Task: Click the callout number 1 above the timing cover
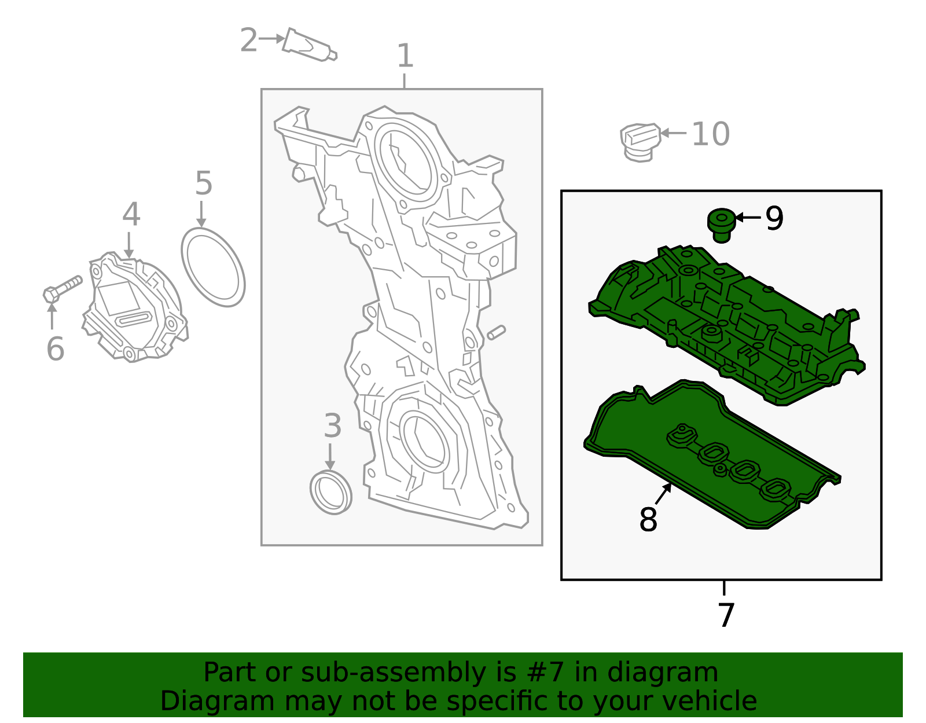pyautogui.click(x=405, y=57)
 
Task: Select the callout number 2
pyautogui.click(x=248, y=40)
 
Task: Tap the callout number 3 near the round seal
pyautogui.click(x=332, y=426)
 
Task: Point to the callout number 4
pyautogui.click(x=131, y=215)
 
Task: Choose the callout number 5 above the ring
pyautogui.click(x=204, y=183)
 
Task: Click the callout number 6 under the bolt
pyautogui.click(x=55, y=349)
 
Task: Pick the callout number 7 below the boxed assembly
pyautogui.click(x=726, y=615)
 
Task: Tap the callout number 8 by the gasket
pyautogui.click(x=648, y=519)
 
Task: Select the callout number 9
pyautogui.click(x=774, y=218)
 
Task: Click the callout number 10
pyautogui.click(x=711, y=134)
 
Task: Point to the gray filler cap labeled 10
pyautogui.click(x=640, y=142)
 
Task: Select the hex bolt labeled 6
pyautogui.click(x=62, y=289)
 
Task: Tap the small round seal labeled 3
pyautogui.click(x=330, y=493)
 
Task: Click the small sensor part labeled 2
pyautogui.click(x=309, y=46)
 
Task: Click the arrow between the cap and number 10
pyautogui.click(x=673, y=133)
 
